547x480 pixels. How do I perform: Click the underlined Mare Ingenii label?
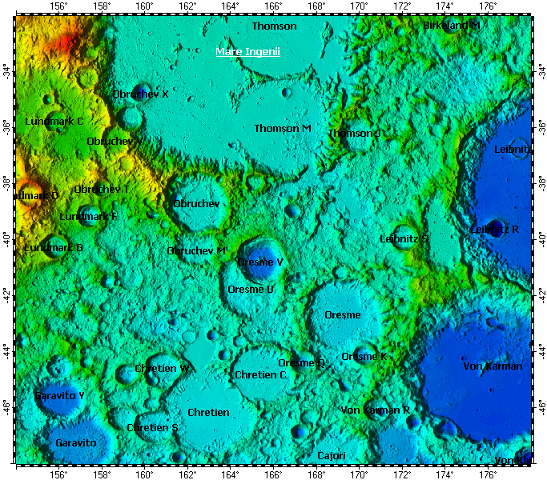[252, 52]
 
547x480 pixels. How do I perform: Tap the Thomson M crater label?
[283, 129]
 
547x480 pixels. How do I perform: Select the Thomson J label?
[355, 134]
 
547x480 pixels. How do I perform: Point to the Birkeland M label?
[452, 26]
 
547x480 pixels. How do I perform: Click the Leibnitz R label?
[494, 230]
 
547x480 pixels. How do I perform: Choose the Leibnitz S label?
[404, 239]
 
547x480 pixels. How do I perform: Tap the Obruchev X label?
[140, 94]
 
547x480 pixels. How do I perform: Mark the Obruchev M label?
[196, 251]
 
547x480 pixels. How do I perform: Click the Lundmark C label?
[54, 122]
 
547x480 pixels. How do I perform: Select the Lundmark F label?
[88, 217]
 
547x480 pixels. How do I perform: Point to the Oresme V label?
[260, 262]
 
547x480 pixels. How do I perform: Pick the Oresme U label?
[251, 290]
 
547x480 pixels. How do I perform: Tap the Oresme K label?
[364, 357]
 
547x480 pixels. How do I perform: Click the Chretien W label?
[162, 369]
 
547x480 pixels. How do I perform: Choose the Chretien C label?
[260, 375]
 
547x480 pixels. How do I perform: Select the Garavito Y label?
[59, 396]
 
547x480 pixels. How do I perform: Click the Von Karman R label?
[376, 410]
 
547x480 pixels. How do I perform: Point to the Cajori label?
[332, 456]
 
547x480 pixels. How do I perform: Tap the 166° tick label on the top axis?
[273, 6]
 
